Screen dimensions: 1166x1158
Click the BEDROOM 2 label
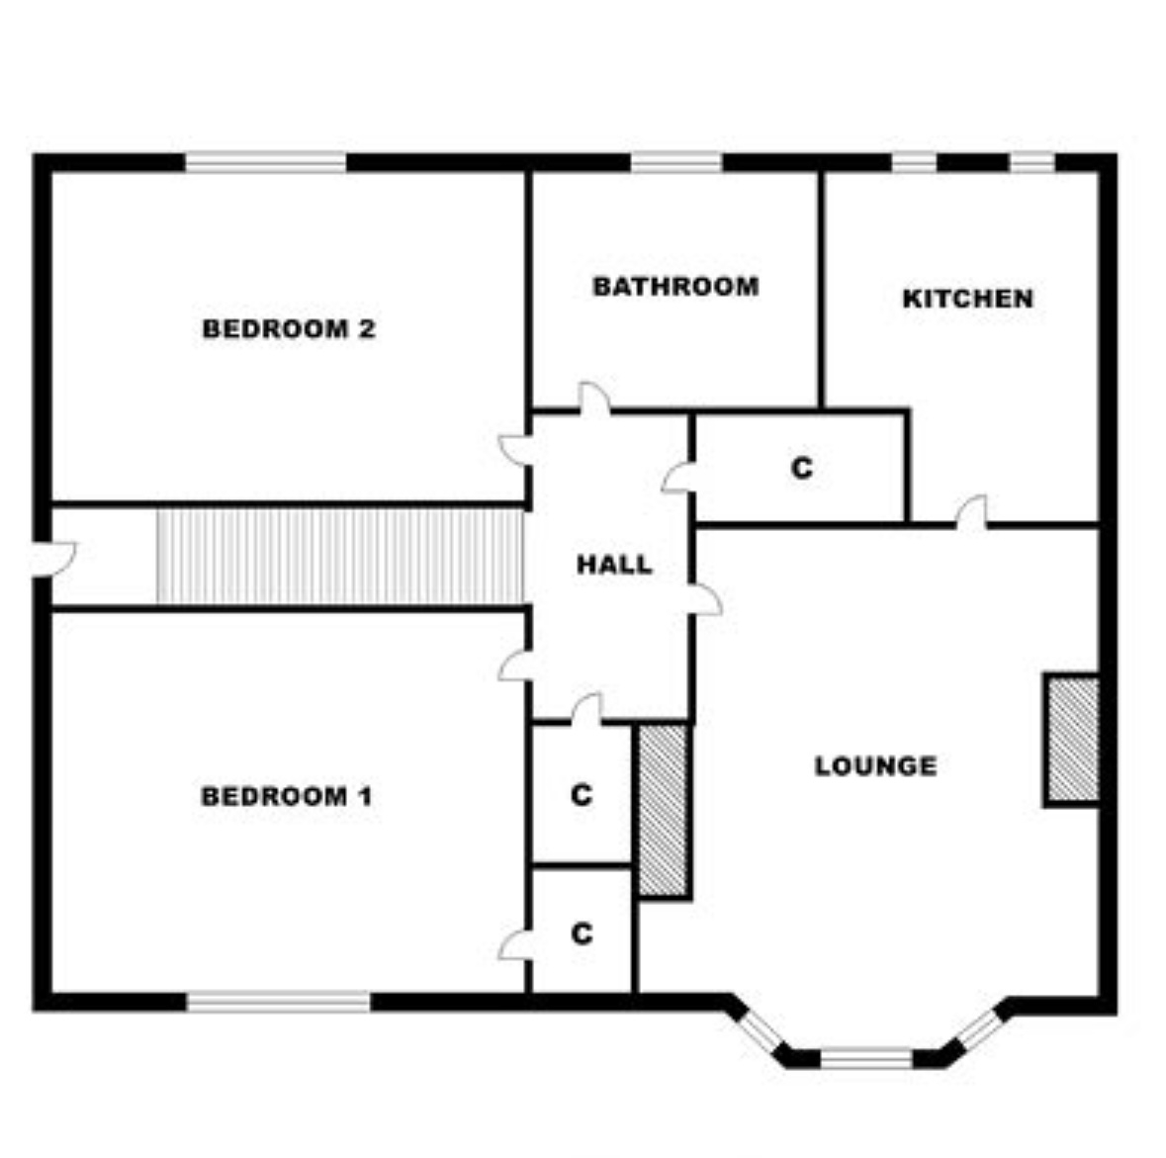click(x=289, y=328)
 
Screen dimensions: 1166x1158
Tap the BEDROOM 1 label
click(x=286, y=796)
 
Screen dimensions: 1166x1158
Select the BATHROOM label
click(x=675, y=287)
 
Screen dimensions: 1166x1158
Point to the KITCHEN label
click(x=967, y=299)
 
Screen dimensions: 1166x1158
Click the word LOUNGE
click(x=876, y=766)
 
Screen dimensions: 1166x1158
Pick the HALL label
click(x=614, y=565)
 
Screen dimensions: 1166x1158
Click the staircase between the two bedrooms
click(x=340, y=557)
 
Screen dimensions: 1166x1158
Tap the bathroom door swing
click(x=594, y=398)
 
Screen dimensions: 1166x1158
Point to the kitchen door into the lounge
click(x=971, y=511)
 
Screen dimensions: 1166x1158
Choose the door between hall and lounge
click(x=705, y=600)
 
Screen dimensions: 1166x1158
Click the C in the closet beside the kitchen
click(x=802, y=468)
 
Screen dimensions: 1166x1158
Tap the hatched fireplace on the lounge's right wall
click(x=1072, y=740)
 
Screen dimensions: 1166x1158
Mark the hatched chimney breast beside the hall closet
click(x=664, y=810)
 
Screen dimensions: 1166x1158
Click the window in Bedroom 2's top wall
click(x=265, y=162)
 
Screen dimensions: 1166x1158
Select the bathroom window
click(x=676, y=162)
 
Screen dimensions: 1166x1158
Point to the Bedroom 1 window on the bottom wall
click(x=278, y=1001)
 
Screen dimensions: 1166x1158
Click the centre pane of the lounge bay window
click(x=867, y=1058)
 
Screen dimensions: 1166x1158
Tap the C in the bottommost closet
click(x=583, y=933)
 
